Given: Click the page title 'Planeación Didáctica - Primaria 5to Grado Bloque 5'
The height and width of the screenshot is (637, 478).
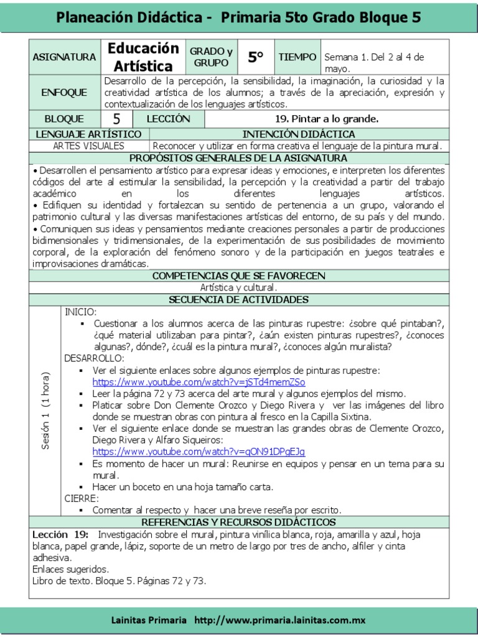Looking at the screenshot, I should point(239,17).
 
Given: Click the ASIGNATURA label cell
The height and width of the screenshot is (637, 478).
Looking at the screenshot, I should point(65,57).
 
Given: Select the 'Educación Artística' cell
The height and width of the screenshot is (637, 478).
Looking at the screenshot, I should point(143,57).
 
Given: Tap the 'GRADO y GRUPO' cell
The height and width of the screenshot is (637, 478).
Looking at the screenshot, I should point(211,57).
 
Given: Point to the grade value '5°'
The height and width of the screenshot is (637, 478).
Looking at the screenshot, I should point(255,57).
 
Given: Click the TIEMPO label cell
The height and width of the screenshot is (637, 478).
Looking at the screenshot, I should point(297,57).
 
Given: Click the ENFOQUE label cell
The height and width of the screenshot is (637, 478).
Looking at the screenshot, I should point(64,93).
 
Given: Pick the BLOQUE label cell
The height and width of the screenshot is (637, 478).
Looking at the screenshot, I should point(64,119).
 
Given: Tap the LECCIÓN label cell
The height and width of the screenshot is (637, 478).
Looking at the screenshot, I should point(168,119).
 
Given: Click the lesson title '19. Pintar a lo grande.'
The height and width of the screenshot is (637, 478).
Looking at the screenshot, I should point(326,119).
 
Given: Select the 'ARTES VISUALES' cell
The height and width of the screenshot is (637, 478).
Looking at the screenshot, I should point(88,146).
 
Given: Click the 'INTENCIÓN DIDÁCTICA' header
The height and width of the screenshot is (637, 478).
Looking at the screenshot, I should point(299,134).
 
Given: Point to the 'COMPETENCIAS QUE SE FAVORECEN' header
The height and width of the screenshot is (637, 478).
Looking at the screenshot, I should point(239,276).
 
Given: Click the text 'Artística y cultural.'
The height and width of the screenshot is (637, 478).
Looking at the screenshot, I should point(239,287).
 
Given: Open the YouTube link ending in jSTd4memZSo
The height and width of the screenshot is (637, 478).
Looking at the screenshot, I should point(199,382).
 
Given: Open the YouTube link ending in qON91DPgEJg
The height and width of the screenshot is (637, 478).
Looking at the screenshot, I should point(199,452).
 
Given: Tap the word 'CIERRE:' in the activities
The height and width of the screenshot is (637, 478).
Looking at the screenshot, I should point(82,498).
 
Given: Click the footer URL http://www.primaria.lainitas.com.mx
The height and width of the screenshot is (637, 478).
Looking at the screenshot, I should point(279,620).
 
